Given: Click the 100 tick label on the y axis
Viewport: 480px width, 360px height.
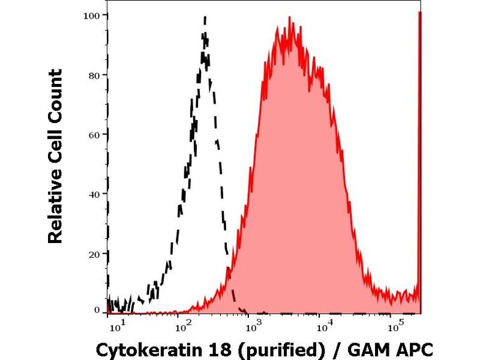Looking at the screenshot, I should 91,14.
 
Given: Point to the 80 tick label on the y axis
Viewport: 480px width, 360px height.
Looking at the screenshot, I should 94,74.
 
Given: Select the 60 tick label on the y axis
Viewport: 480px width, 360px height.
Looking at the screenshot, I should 94,134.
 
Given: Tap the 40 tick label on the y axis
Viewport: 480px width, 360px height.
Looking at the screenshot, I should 94,193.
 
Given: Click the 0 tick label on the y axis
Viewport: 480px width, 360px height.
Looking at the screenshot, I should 97,310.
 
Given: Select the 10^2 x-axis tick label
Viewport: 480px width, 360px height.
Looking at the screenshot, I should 182,328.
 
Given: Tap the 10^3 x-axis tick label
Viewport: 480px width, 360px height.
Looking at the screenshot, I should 253,328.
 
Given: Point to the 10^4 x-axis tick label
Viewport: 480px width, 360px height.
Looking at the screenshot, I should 324,328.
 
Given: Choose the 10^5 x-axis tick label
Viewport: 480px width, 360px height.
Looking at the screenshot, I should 394,328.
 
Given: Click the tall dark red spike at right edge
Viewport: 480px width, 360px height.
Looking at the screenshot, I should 419,162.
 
